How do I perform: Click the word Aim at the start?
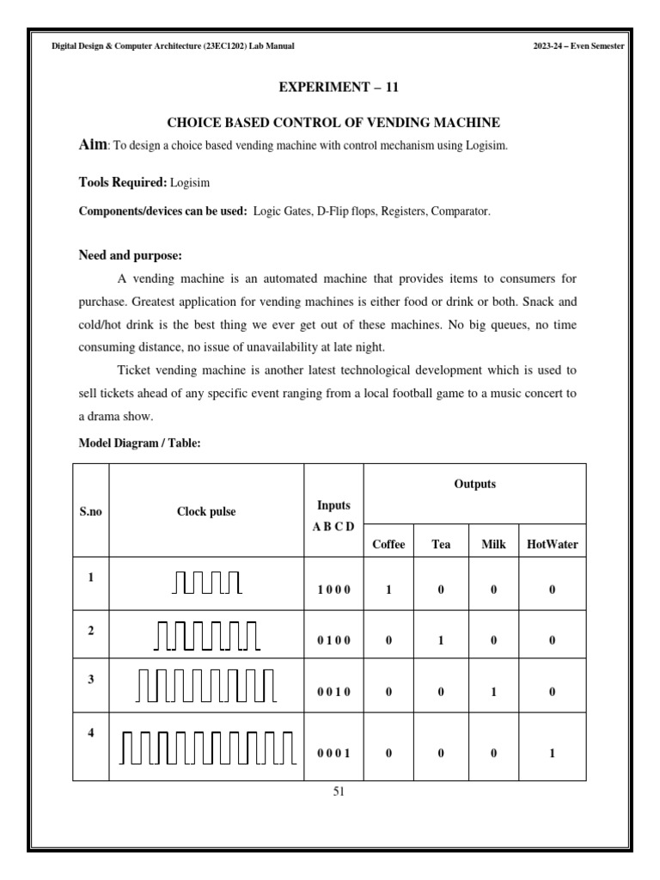[x=92, y=146]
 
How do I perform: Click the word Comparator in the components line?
[x=464, y=211]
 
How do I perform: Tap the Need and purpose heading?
[x=130, y=255]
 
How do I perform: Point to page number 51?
[x=338, y=792]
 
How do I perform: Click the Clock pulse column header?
[x=206, y=511]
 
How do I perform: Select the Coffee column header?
[x=388, y=544]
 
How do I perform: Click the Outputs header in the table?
[x=474, y=484]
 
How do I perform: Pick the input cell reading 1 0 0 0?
[x=333, y=590]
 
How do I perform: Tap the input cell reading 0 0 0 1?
[x=333, y=753]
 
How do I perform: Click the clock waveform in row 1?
[x=206, y=583]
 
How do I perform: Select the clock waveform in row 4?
[x=206, y=746]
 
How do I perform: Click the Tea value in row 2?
[x=440, y=640]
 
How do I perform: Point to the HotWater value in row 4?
[x=552, y=753]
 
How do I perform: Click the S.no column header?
[x=90, y=511]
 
